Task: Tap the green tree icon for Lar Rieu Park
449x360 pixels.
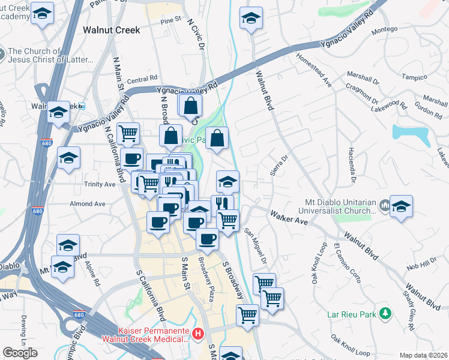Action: pyautogui.click(x=385, y=313)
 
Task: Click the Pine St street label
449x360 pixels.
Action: pyautogui.click(x=170, y=20)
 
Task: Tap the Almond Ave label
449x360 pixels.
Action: pyautogui.click(x=88, y=204)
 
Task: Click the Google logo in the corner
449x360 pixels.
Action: pyautogui.click(x=20, y=353)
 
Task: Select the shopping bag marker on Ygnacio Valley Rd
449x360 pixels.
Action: pyautogui.click(x=190, y=106)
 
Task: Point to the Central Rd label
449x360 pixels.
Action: pyautogui.click(x=142, y=79)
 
